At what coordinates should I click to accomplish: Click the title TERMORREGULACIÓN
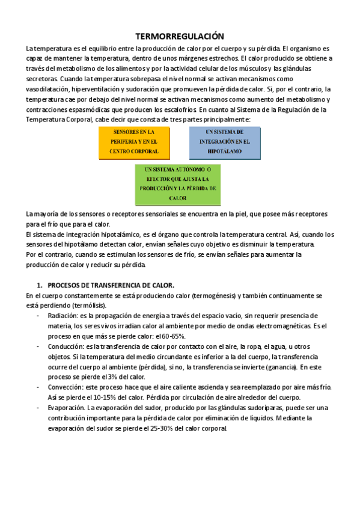[x=180, y=37]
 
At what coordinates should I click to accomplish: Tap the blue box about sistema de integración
[x=224, y=142]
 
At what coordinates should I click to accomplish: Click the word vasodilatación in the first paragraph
[x=48, y=89]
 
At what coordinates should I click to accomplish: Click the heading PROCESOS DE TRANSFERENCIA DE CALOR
[x=111, y=285]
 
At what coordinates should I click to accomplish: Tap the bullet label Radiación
[x=63, y=315]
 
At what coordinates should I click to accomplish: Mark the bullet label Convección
[x=66, y=387]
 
